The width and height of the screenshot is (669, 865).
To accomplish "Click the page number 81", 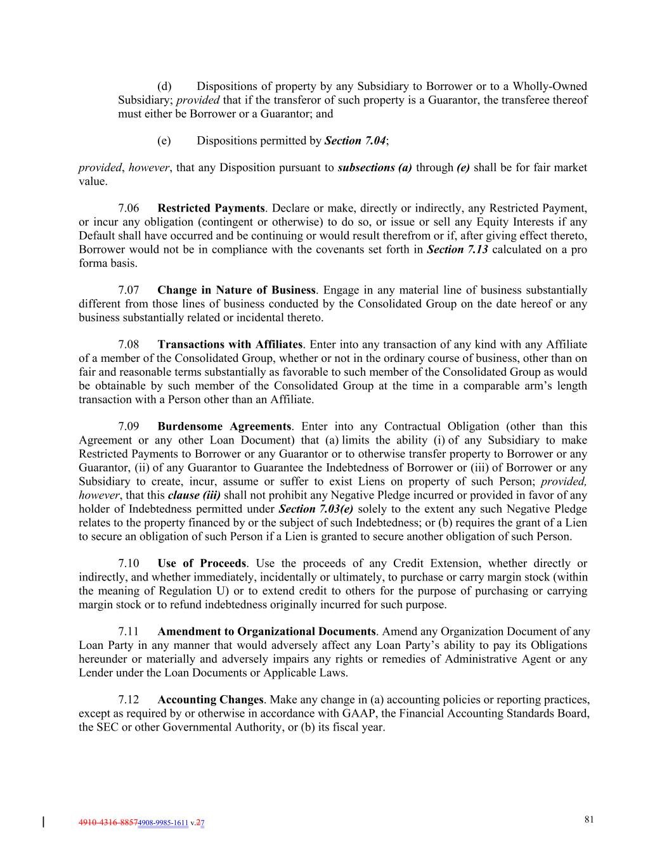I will tap(589, 819).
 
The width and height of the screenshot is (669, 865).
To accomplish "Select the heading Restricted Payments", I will tap(211, 208).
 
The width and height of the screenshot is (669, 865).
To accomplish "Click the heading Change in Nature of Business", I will tap(236, 290).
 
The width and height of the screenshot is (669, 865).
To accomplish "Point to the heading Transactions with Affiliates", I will tap(230, 345).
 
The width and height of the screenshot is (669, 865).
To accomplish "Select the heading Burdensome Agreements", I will tap(224, 426).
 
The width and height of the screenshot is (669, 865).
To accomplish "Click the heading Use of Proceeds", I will tap(202, 563).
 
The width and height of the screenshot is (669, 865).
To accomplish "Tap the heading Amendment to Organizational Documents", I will tap(266, 632).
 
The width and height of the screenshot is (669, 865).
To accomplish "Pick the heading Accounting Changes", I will tap(210, 700).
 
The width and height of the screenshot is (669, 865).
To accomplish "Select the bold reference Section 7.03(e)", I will tap(316, 509).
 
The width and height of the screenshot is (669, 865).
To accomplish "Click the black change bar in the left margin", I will tap(42, 823).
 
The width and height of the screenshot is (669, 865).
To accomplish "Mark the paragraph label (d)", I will tap(164, 86).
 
